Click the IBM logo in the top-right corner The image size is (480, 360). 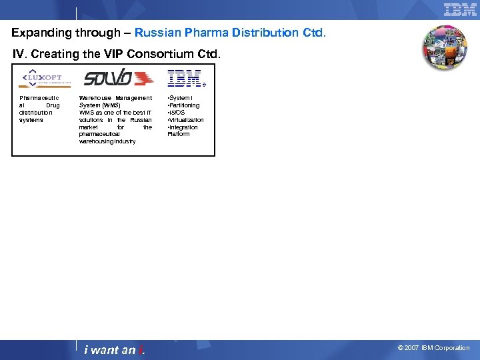pos(460,9)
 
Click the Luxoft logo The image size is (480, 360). pos(45,79)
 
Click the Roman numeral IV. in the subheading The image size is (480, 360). pos(21,53)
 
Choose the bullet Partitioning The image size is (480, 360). pos(183,105)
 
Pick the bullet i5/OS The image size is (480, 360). pos(177,113)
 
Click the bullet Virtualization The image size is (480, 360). pos(185,120)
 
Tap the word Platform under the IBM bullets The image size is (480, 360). pos(179,134)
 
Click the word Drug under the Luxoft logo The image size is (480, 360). pos(53,105)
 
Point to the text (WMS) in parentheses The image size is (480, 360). pos(111,105)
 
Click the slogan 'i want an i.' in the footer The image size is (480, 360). pos(114,350)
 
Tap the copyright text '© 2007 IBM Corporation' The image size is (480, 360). pos(433,348)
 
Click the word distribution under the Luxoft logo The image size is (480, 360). pos(36,113)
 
